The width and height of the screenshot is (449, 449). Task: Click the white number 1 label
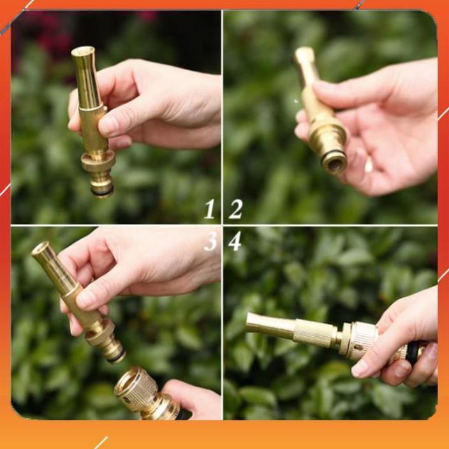[x=209, y=209]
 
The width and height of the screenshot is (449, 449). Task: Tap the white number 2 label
[x=235, y=209]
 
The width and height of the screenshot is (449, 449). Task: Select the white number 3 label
[x=210, y=241]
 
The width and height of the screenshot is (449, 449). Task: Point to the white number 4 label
[x=235, y=241]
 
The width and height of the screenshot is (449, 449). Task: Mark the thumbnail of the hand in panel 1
[x=109, y=124]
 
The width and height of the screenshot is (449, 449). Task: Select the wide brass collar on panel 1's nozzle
[x=98, y=161]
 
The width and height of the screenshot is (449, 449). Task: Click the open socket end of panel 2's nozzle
[x=334, y=163]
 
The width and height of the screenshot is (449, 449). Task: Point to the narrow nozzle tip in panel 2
[x=304, y=59]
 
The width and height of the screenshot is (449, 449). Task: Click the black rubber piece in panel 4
[x=413, y=353]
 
